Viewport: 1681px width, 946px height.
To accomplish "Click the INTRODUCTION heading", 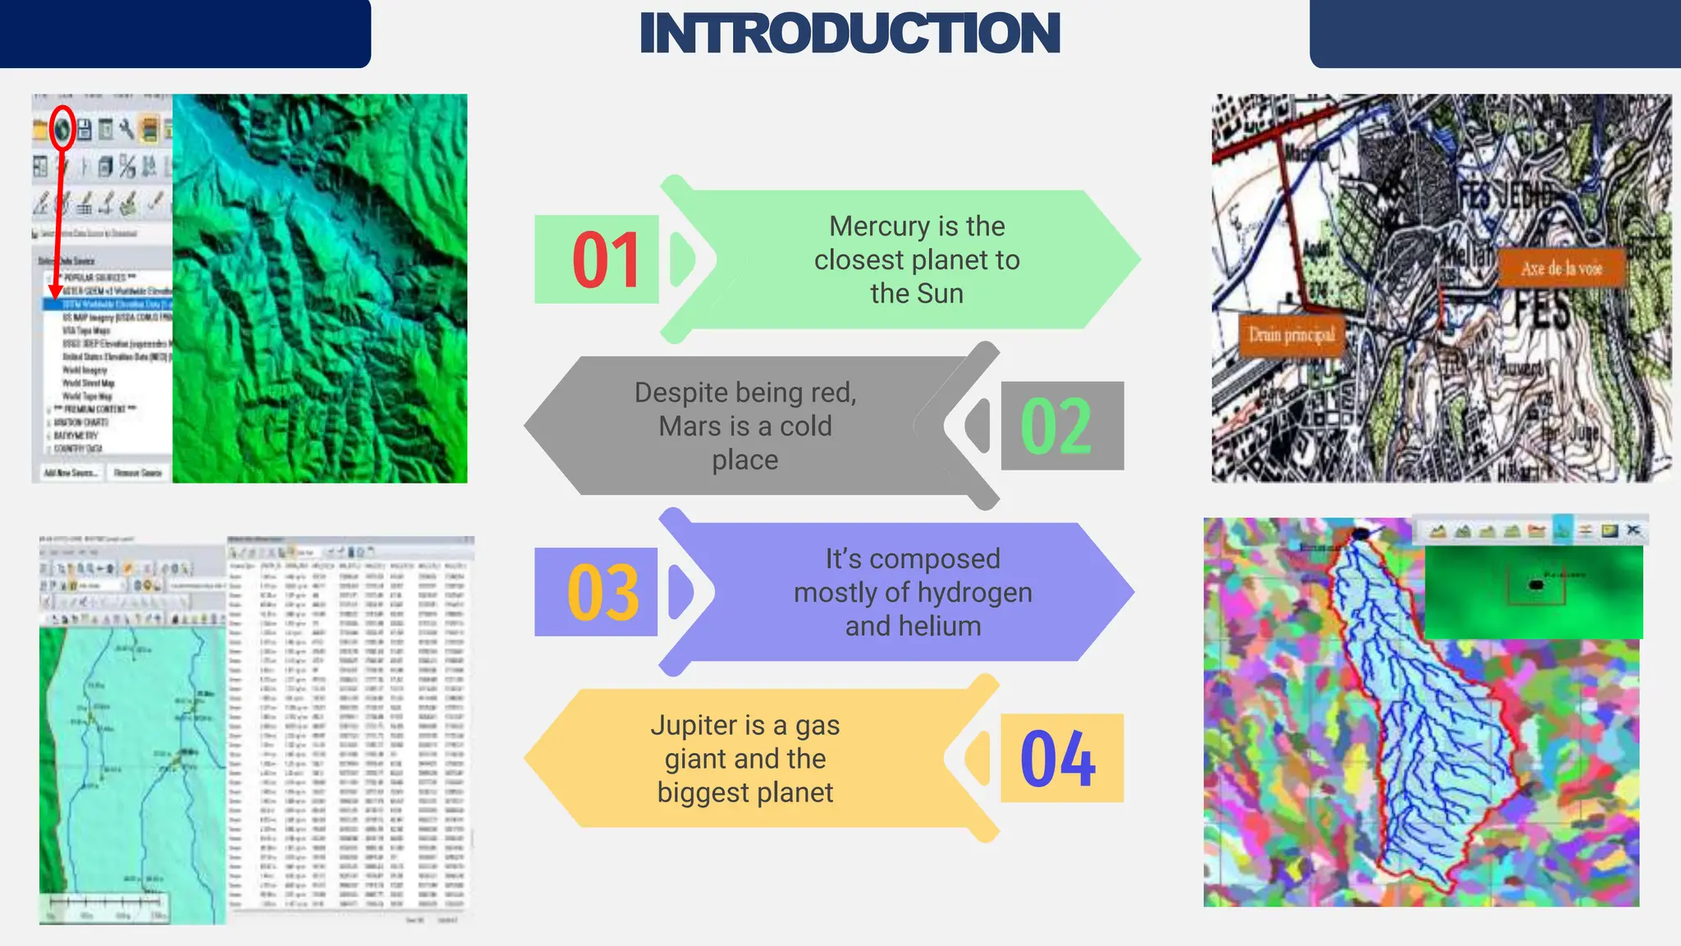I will (850, 34).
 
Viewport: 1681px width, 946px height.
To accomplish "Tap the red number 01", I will (606, 260).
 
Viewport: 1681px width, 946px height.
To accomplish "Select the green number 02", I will (1056, 426).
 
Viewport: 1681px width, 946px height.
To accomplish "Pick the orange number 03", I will (603, 593).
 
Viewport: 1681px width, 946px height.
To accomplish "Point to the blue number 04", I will (1057, 759).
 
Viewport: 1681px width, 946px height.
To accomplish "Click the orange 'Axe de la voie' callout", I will (1561, 269).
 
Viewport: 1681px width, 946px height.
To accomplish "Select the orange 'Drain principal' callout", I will (1291, 335).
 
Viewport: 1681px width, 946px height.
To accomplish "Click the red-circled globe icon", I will (62, 128).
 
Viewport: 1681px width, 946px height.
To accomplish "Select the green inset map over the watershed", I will (1532, 591).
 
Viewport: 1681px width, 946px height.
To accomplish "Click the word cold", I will (805, 426).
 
